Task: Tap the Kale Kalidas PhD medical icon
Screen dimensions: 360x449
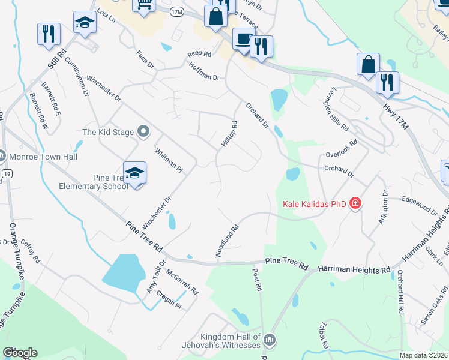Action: (355, 204)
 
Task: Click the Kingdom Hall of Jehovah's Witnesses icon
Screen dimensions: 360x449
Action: (270, 340)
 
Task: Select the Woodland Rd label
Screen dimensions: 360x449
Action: (228, 241)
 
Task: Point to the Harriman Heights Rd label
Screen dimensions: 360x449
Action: (354, 269)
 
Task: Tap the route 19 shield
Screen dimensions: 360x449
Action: (7, 173)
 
